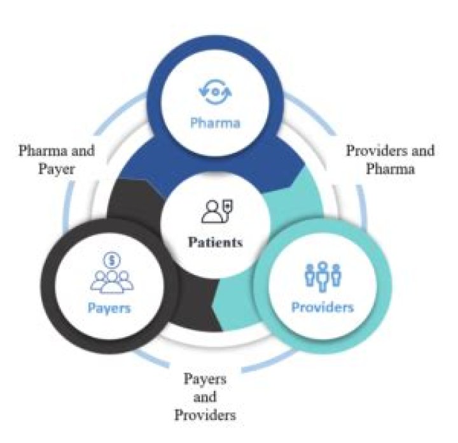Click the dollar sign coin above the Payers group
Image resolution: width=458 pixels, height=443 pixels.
[x=110, y=260]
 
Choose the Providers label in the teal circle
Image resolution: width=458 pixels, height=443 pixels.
[x=322, y=307]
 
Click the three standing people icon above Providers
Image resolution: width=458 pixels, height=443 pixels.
[x=322, y=276]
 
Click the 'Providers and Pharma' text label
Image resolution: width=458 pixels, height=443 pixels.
[x=390, y=160]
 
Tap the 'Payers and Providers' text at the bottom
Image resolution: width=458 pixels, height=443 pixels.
[x=205, y=397]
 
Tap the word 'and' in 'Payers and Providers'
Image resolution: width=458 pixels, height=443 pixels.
[x=205, y=397]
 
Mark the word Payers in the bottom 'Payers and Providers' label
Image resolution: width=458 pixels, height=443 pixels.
[x=205, y=380]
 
